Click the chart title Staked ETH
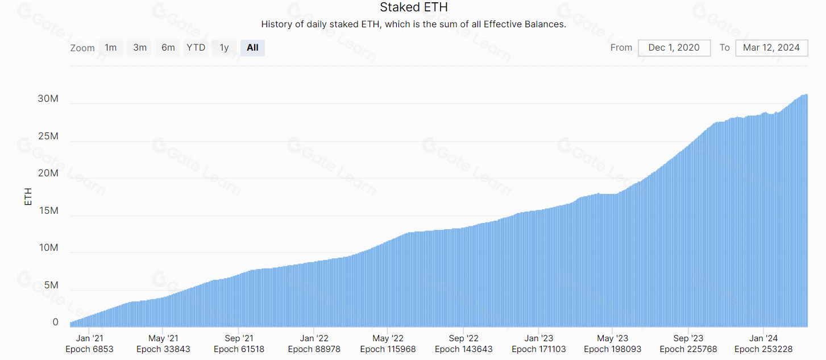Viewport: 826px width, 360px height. point(414,7)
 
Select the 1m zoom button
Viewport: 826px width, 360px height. point(111,48)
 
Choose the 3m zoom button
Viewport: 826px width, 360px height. point(140,48)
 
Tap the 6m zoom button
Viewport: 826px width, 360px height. point(168,48)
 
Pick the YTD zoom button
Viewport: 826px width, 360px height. point(196,48)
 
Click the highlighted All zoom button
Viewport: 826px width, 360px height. point(252,48)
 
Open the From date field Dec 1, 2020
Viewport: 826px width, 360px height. point(674,48)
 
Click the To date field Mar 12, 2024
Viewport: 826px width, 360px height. point(771,48)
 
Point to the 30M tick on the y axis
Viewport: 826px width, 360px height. point(48,98)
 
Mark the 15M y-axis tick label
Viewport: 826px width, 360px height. point(48,210)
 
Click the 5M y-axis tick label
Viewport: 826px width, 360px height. point(51,285)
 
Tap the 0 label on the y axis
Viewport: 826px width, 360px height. point(55,322)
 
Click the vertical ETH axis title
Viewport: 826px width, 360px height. point(28,197)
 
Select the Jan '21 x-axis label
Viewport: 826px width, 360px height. point(89,338)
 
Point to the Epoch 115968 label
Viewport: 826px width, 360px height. point(388,349)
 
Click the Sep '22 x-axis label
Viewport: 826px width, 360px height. point(463,338)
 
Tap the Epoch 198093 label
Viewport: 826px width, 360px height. point(612,349)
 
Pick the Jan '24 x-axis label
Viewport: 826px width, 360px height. point(763,338)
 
